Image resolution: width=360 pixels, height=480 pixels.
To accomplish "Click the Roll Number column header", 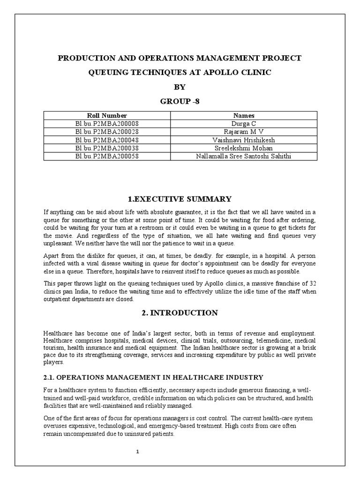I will pos(107,115).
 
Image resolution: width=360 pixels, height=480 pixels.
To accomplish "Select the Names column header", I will pos(244,115).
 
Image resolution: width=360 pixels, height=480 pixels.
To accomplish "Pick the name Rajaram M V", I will pos(244,132).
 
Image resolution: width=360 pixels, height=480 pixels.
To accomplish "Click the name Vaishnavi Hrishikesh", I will pos(244,140).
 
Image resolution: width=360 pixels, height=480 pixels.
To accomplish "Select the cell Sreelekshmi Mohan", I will pos(244,148).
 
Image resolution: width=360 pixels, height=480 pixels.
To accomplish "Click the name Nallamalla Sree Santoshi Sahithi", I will pos(244,156).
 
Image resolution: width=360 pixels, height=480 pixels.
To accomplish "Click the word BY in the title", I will pos(180,87).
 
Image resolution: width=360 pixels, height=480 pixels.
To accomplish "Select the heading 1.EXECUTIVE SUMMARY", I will pos(180,199).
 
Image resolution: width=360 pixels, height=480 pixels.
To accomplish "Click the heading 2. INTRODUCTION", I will pos(180,313).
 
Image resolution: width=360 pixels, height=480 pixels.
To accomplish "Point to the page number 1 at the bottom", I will pos(137,451).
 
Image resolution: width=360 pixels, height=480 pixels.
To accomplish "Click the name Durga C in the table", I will pos(244,124).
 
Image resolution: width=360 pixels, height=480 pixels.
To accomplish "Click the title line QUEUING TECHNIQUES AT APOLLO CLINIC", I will pos(180,73).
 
